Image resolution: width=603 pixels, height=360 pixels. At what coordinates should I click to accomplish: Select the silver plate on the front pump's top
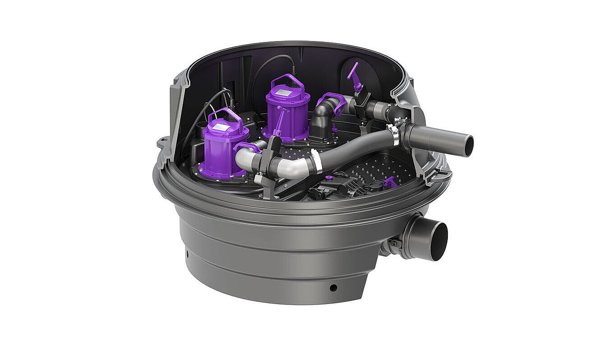[221, 128]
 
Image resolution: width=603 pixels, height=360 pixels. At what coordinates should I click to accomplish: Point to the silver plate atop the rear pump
[285, 92]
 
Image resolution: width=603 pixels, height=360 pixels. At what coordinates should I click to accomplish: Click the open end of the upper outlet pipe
[469, 146]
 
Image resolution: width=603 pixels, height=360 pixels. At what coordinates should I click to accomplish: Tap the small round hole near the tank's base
[333, 287]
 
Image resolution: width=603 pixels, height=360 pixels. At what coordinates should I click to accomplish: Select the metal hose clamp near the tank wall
[393, 134]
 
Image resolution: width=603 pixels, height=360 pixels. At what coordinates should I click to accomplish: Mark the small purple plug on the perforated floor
[390, 182]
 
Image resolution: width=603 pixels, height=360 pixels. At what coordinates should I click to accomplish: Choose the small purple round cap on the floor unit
[329, 177]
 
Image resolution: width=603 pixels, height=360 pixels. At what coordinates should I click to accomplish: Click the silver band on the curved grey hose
[316, 161]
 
